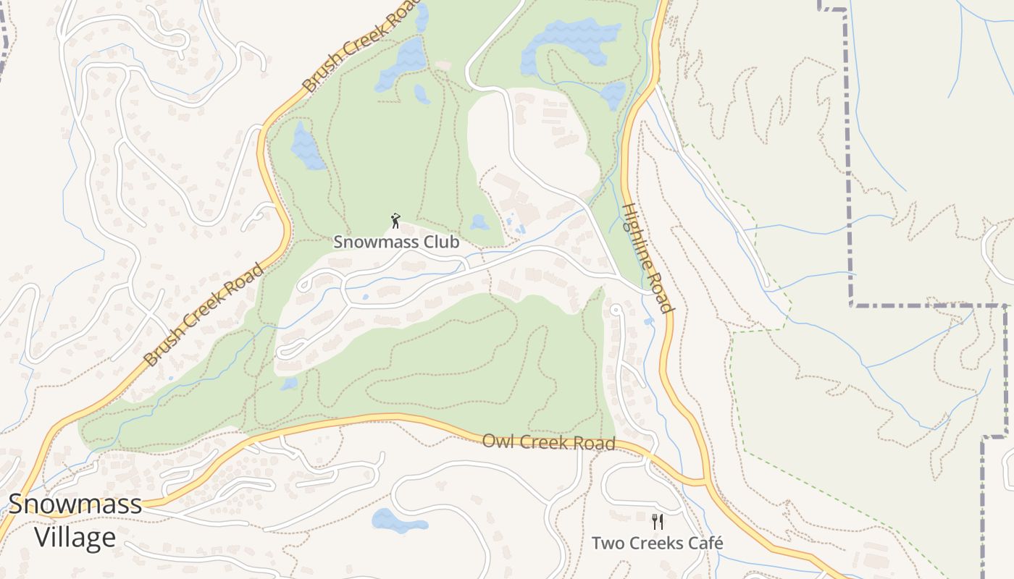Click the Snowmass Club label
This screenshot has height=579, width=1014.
(396, 242)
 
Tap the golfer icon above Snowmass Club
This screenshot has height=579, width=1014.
(395, 221)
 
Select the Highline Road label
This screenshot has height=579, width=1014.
(648, 258)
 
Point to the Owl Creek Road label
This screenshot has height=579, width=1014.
(548, 441)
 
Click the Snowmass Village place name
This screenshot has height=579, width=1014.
(75, 520)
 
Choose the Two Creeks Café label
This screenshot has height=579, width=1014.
(657, 543)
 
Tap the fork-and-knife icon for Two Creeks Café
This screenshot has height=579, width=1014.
(658, 521)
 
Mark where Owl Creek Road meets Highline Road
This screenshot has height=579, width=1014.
(704, 481)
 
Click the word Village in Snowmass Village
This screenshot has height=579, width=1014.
(75, 537)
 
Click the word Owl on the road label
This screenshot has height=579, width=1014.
(495, 440)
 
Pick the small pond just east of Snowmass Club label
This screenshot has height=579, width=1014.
(479, 222)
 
